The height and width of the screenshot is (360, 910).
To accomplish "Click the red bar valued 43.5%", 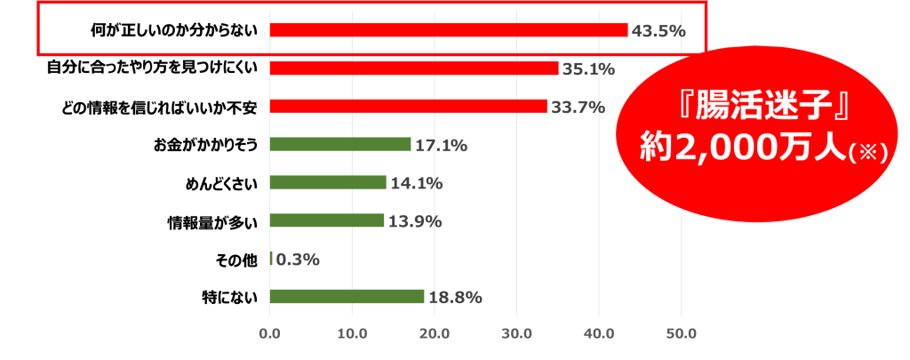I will tap(448, 30).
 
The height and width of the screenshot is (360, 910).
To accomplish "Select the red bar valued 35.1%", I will tap(414, 68).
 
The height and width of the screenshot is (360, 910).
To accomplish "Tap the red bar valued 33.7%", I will tap(408, 107).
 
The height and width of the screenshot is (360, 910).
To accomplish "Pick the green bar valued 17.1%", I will tap(340, 145).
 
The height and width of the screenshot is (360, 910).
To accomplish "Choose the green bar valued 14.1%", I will tap(328, 182).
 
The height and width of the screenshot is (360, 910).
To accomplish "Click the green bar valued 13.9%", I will tap(327, 220).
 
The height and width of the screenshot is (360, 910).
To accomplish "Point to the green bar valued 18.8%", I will tap(347, 297).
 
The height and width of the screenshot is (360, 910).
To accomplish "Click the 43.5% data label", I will tap(659, 31).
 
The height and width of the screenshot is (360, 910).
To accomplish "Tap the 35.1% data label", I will tap(588, 69).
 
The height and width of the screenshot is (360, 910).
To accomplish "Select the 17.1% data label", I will tap(441, 146).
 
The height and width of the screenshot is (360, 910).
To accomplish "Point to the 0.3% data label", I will tap(298, 260).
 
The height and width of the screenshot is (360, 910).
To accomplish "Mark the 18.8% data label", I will tap(455, 298).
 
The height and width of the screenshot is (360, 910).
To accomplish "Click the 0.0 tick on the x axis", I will tap(269, 334).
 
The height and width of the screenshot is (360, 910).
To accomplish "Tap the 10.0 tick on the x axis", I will tap(352, 334).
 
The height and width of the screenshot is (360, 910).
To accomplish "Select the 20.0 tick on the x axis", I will tap(435, 334).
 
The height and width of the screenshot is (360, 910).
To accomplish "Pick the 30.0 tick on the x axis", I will tap(516, 334).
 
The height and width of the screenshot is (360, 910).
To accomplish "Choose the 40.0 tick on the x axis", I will tap(599, 334).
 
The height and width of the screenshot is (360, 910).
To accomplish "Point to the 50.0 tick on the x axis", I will tap(682, 334).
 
